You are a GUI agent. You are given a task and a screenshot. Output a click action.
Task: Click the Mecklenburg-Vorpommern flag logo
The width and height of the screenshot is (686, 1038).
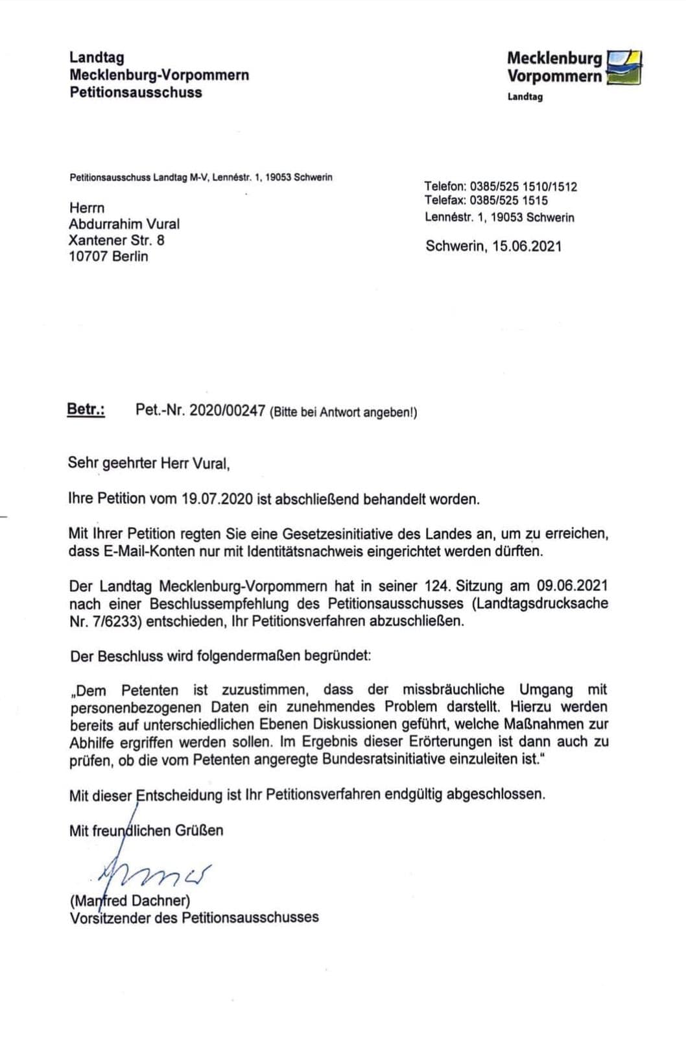(623, 67)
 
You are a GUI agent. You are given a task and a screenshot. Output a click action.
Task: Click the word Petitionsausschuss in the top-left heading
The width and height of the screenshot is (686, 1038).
(136, 92)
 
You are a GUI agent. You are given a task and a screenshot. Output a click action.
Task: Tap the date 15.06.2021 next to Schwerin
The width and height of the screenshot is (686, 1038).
(526, 246)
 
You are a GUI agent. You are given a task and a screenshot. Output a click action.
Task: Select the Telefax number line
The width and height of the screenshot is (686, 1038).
(486, 200)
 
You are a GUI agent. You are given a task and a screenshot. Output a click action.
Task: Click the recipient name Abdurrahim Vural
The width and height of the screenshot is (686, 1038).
(124, 224)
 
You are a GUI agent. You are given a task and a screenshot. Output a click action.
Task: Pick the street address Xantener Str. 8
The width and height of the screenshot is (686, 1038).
(117, 240)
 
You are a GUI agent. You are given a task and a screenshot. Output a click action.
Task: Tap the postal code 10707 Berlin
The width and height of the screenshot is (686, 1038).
(108, 256)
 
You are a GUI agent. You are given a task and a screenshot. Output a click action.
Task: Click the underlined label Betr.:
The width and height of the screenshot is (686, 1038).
(86, 409)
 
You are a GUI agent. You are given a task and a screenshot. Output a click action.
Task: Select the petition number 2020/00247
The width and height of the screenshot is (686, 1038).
(227, 410)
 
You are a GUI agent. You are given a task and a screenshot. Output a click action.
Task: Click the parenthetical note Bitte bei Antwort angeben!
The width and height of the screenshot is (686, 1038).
(344, 412)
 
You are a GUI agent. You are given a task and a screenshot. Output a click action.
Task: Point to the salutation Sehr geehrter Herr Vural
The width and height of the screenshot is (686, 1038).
(149, 463)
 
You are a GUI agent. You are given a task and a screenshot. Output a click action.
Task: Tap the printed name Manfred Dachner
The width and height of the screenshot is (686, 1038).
(130, 900)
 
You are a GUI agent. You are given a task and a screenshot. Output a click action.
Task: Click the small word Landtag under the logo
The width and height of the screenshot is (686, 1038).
(525, 97)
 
